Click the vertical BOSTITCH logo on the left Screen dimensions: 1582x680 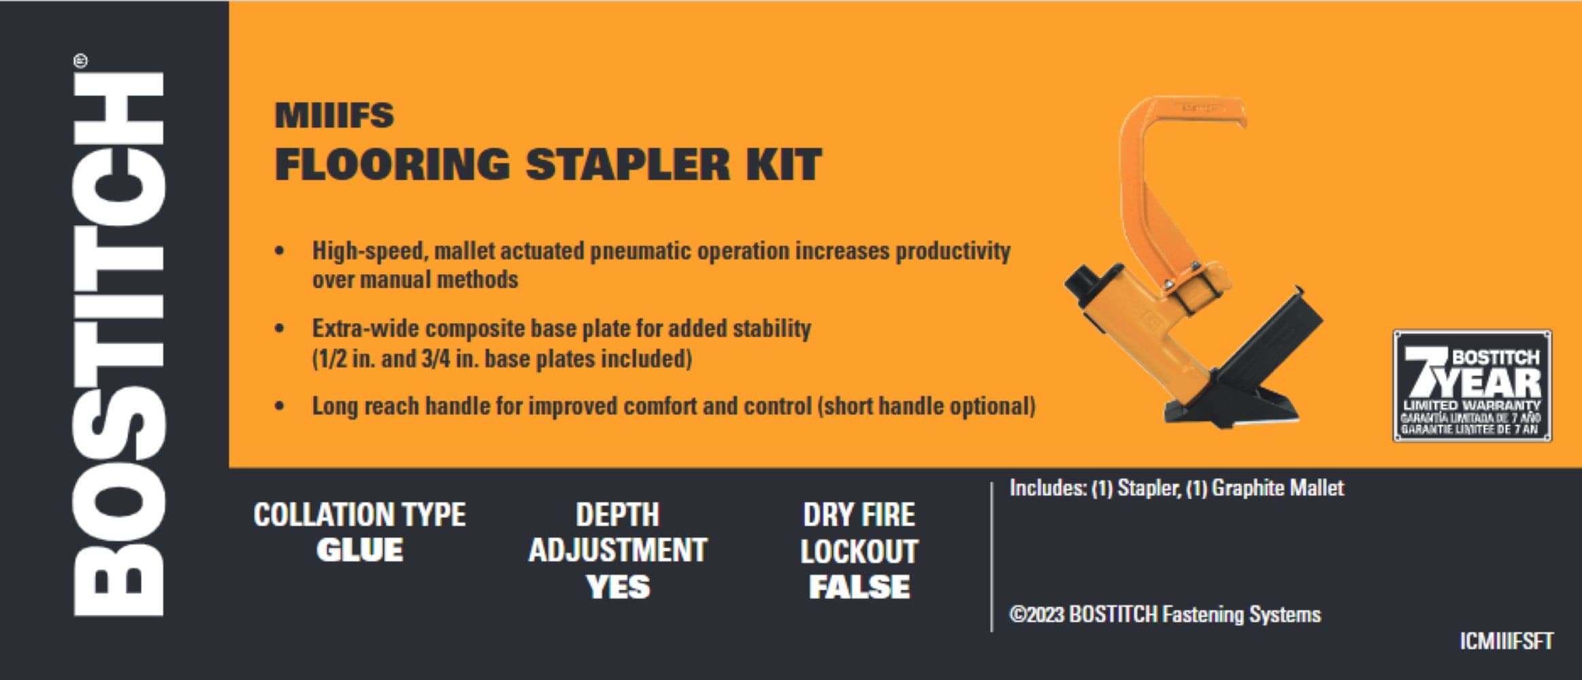[x=118, y=343]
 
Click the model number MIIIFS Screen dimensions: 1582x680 [x=334, y=115]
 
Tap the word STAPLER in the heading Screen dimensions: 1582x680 [x=627, y=164]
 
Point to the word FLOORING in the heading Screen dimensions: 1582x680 [x=392, y=164]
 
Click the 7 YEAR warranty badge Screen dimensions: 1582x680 [x=1472, y=386]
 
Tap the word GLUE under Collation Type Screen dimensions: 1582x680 [x=360, y=550]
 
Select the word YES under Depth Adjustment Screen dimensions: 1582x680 [x=619, y=587]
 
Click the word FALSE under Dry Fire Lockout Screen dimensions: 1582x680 [x=859, y=587]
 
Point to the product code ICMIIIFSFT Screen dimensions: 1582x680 [x=1506, y=641]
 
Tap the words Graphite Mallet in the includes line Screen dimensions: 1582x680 [x=1278, y=488]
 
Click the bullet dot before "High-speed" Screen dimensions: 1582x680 [x=279, y=251]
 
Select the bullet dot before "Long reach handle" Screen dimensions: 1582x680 [x=279, y=407]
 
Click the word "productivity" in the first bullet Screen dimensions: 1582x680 [x=953, y=252]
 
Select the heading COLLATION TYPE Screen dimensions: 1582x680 [x=360, y=515]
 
